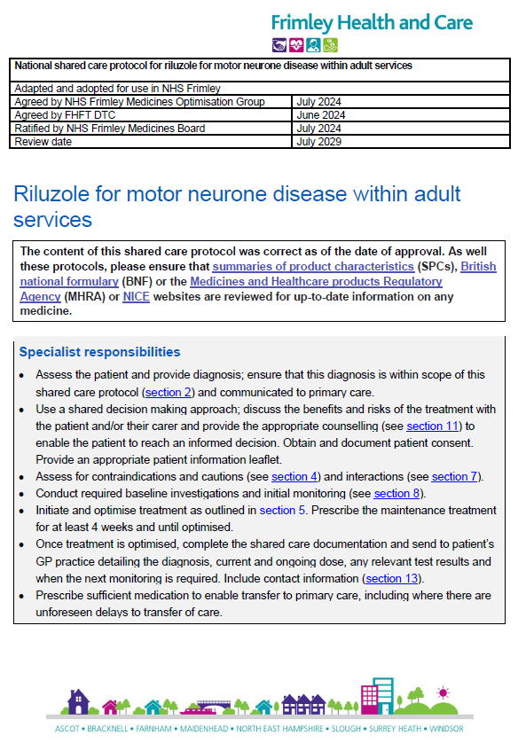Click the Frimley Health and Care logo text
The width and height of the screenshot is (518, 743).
coord(371,22)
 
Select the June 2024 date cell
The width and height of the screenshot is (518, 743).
coord(319,115)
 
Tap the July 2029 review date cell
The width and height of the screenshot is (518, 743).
coord(318,141)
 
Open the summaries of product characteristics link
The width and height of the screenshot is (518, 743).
coord(313,266)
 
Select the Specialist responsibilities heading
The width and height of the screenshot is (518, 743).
coord(99,352)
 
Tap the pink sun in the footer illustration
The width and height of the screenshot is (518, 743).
coord(442,692)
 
